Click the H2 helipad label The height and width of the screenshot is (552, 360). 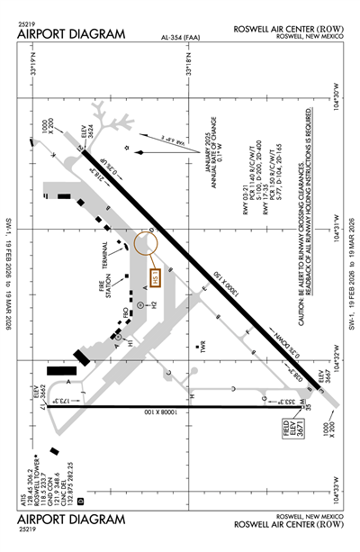[x=154, y=305]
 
